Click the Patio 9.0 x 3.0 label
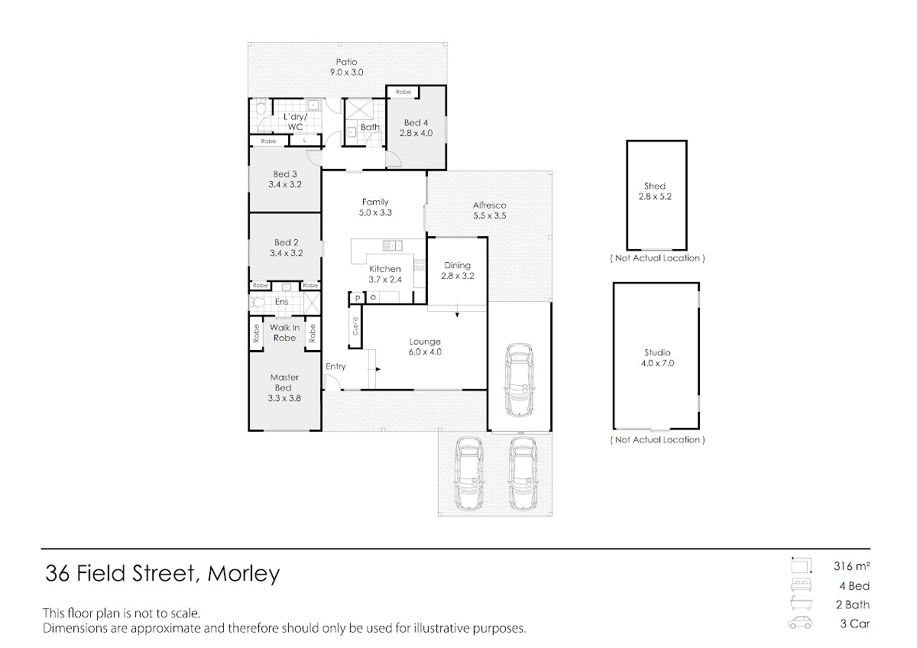[x=346, y=67]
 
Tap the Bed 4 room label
[x=416, y=122]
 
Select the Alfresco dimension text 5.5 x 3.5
[x=490, y=215]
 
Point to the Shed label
[x=655, y=186]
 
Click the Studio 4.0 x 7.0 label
[x=657, y=358]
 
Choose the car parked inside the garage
[x=519, y=380]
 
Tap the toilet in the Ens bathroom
[x=258, y=303]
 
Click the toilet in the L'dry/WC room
[x=261, y=109]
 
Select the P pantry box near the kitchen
[x=357, y=298]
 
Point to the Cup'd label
[x=355, y=326]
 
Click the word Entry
[x=335, y=366]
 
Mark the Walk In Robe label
[x=284, y=333]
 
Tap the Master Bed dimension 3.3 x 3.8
[x=284, y=398]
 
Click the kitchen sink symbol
[x=392, y=245]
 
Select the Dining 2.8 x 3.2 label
[x=457, y=271]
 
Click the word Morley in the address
[x=244, y=574]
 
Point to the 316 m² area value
[x=851, y=566]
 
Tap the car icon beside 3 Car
[x=800, y=623]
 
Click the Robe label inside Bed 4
[x=403, y=92]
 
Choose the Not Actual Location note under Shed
[x=657, y=258]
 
